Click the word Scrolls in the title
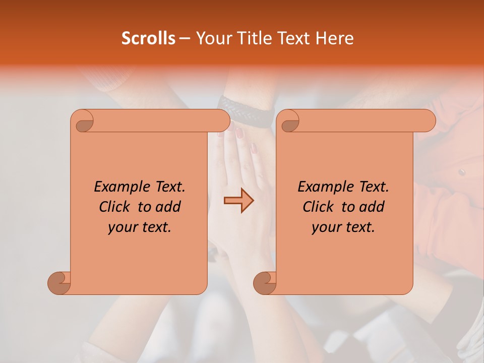pos(149,38)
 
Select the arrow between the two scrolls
pos(238,201)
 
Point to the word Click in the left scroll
pos(116,207)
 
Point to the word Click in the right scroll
pos(320,207)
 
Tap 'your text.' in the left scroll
pos(140,227)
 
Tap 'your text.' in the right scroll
pos(343,227)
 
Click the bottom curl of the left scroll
pos(59,282)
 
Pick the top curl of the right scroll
pos(289,122)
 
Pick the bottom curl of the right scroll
pos(265,282)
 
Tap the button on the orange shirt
pos(460,172)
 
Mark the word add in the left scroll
pos(168,207)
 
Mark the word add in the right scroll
pos(372,207)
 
